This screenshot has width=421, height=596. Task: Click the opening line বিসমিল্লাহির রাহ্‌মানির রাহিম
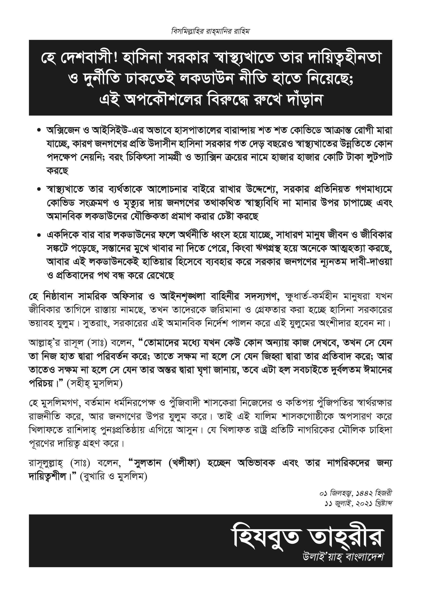pos(210,32)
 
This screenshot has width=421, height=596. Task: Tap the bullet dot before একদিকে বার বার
pos(39,236)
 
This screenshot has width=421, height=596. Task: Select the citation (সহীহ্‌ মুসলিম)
pos(94,384)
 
